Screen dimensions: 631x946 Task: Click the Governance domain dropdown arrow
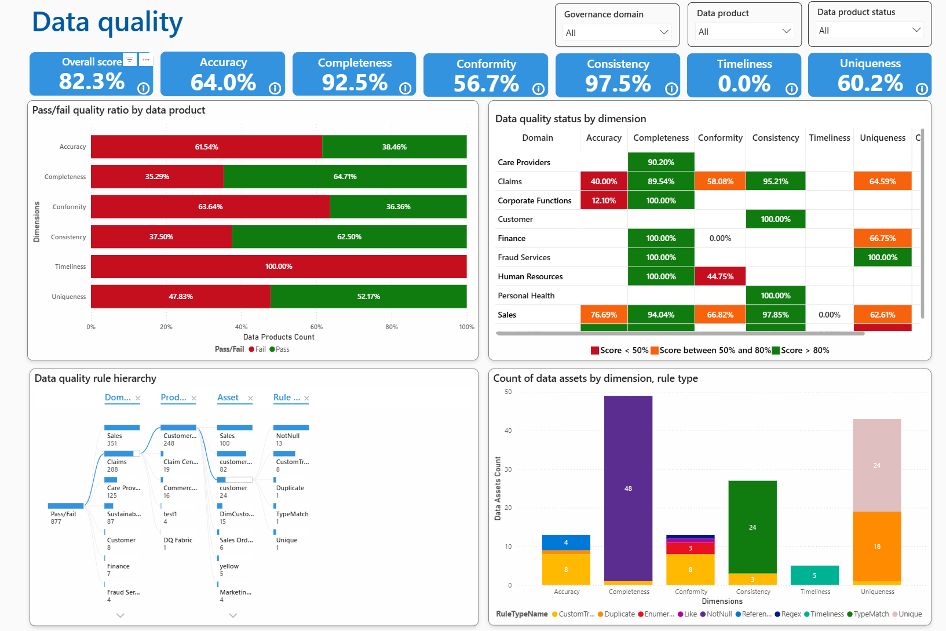pyautogui.click(x=664, y=32)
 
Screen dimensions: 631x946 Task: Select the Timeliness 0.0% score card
pyautogui.click(x=744, y=75)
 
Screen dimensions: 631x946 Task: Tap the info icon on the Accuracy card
pyautogui.click(x=275, y=88)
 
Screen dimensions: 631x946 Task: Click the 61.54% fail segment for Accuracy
pyautogui.click(x=206, y=147)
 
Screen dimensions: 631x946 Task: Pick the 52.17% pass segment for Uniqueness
pyautogui.click(x=368, y=297)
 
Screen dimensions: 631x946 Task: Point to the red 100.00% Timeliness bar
pyautogui.click(x=279, y=267)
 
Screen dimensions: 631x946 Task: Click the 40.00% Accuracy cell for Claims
pyautogui.click(x=604, y=181)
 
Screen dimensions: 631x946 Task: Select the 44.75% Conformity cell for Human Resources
pyautogui.click(x=720, y=276)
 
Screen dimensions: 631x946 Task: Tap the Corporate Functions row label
pyautogui.click(x=535, y=200)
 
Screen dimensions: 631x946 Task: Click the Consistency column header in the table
pyautogui.click(x=775, y=138)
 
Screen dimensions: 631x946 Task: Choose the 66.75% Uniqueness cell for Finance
pyautogui.click(x=882, y=238)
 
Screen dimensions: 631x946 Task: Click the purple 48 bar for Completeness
pyautogui.click(x=628, y=488)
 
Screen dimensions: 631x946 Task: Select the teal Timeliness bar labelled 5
pyautogui.click(x=814, y=575)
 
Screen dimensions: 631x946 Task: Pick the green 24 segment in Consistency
pyautogui.click(x=752, y=527)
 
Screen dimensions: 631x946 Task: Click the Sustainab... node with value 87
pyautogui.click(x=123, y=514)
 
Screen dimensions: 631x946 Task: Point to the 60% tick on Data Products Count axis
pyautogui.click(x=316, y=327)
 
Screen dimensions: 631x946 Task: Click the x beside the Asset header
pyautogui.click(x=250, y=398)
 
